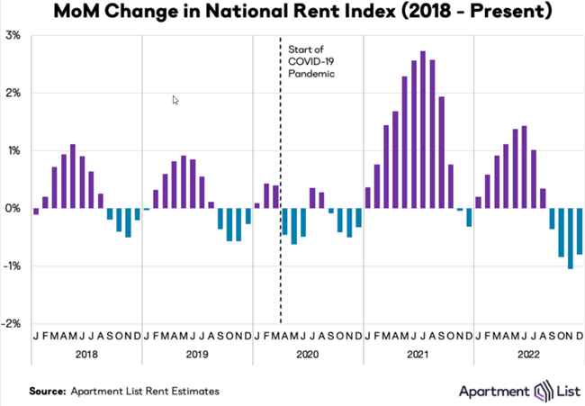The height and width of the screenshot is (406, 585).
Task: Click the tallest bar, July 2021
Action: [x=423, y=130]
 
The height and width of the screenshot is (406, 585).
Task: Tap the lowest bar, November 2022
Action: [x=571, y=238]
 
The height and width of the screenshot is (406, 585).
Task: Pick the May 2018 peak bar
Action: [x=73, y=176]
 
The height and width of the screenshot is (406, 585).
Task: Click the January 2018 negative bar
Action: [x=36, y=212]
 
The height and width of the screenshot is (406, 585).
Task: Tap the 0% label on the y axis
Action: [x=13, y=209]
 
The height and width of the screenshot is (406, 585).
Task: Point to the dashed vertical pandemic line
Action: [x=281, y=270]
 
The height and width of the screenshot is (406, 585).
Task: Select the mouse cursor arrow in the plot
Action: [x=175, y=101]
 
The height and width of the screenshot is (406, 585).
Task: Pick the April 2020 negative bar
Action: [x=284, y=221]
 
